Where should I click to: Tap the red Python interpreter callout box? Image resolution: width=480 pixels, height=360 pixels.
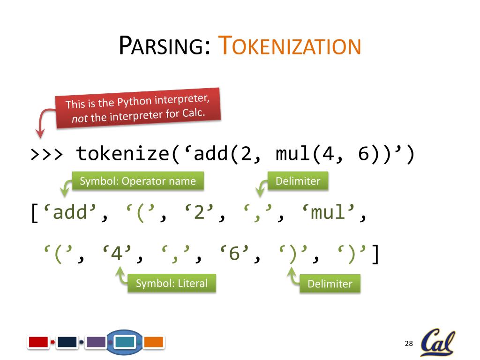[x=138, y=108]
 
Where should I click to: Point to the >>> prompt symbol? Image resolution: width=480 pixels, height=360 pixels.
[x=46, y=154]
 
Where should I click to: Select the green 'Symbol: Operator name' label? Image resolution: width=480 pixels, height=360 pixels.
[x=138, y=181]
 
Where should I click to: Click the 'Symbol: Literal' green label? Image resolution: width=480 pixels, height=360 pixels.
[x=172, y=283]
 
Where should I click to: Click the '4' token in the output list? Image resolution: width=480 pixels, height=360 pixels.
[x=117, y=255]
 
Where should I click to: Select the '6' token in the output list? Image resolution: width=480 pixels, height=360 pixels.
[x=234, y=255]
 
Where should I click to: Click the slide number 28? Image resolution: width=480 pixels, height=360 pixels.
[x=408, y=344]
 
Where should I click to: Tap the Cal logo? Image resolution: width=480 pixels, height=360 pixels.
[x=438, y=343]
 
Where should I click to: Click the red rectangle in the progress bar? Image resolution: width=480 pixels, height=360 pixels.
[x=38, y=342]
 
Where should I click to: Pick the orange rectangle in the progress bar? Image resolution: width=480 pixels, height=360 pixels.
[x=153, y=342]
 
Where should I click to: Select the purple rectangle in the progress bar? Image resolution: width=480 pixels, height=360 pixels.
[x=96, y=342]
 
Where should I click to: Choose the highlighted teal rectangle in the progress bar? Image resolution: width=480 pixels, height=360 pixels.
[x=125, y=342]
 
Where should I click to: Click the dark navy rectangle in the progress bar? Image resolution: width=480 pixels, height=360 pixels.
[x=67, y=342]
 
